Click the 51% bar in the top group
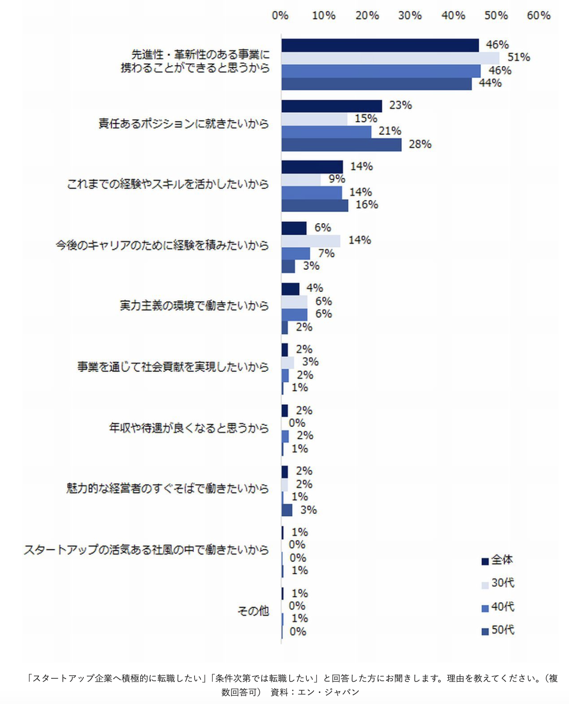(390, 58)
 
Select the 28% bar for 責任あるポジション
(341, 145)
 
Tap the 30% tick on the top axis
(410, 16)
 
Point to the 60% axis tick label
(539, 16)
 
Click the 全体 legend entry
(497, 560)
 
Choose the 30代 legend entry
(498, 583)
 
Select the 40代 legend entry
(498, 607)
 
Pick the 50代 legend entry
(498, 630)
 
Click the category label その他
(253, 611)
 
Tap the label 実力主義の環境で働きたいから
(194, 306)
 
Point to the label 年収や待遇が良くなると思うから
(189, 428)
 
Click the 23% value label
(400, 105)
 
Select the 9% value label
(337, 179)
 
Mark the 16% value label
(367, 205)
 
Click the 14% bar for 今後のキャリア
(311, 241)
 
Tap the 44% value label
(490, 83)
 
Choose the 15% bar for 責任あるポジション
(314, 119)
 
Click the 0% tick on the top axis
(280, 16)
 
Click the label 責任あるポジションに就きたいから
(184, 124)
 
